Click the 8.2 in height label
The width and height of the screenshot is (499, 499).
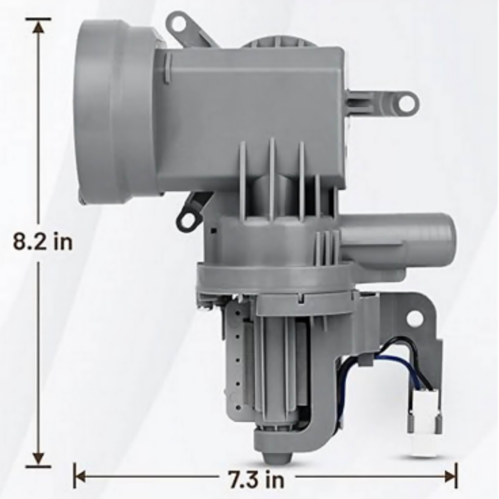pyautogui.click(x=43, y=242)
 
